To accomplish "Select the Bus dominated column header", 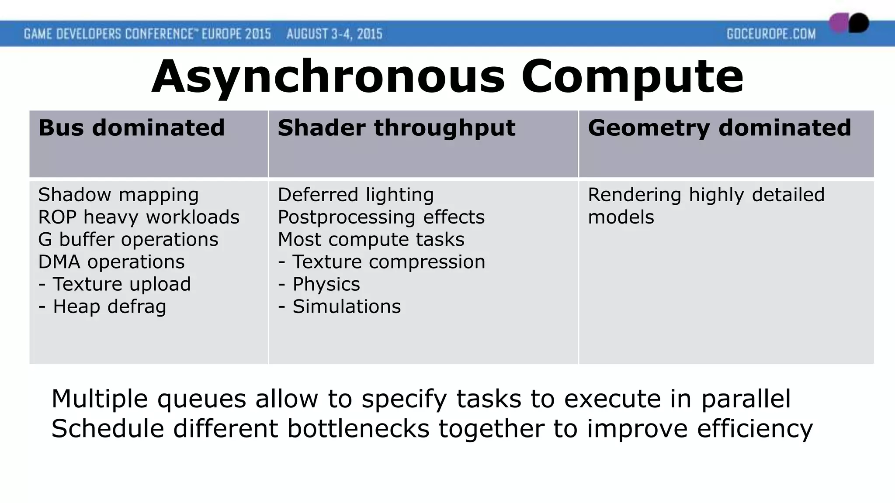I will tap(131, 128).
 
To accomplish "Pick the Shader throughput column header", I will tap(396, 128).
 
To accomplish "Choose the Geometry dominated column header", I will tap(719, 128).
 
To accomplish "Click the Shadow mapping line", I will tap(118, 195).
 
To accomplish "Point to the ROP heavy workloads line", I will tap(139, 217).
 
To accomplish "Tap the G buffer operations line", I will tap(128, 239).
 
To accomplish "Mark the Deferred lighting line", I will tap(355, 195).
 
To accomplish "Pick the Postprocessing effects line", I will tap(381, 217).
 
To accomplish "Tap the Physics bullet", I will tap(326, 284).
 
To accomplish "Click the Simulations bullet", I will tap(346, 307).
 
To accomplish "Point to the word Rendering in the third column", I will tap(634, 195).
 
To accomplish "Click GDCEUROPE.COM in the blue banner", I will tap(771, 34).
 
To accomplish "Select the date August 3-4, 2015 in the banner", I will tap(334, 34).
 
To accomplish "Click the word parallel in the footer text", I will tap(746, 399).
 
